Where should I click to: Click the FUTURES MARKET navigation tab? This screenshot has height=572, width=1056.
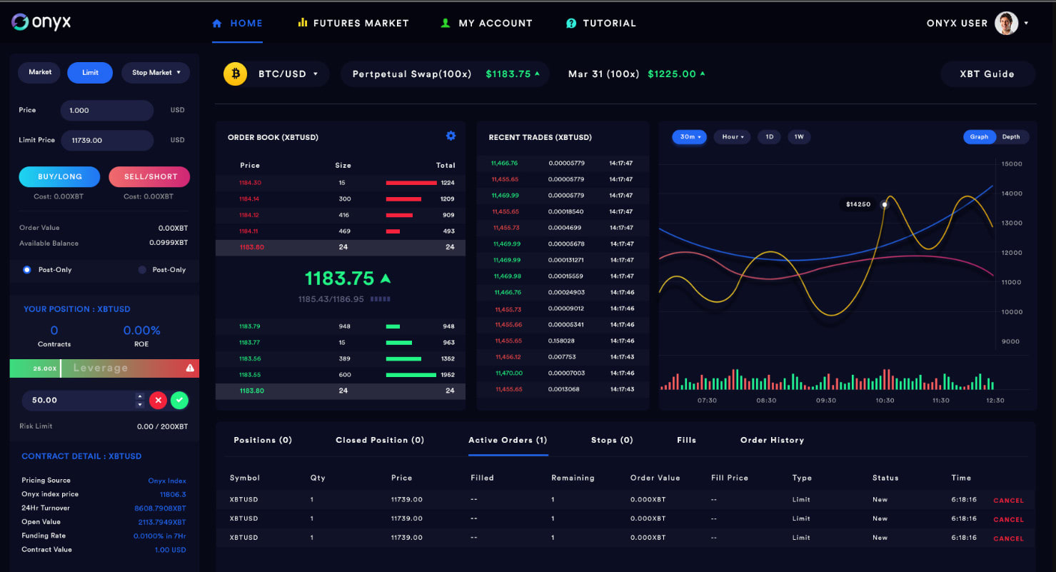[x=353, y=23]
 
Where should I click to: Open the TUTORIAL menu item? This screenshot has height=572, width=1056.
[x=600, y=23]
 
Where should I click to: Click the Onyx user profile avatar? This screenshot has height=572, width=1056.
[x=1006, y=23]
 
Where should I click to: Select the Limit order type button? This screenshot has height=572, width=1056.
[x=90, y=72]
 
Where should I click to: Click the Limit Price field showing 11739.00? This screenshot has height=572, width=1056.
[x=107, y=140]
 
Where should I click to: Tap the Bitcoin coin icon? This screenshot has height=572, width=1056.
[x=235, y=74]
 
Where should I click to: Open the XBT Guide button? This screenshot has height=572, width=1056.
[x=987, y=74]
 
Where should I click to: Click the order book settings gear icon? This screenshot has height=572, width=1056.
[x=451, y=136]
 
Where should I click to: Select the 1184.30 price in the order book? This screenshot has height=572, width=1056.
[x=250, y=183]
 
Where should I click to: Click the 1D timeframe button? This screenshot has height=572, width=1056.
[x=769, y=136]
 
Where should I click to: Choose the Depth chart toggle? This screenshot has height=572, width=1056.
[x=1011, y=136]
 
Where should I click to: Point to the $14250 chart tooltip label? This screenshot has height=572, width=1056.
[x=858, y=204]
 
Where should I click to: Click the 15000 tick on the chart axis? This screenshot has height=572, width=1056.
[x=1012, y=164]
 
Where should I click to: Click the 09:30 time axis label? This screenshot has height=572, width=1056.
[x=825, y=401]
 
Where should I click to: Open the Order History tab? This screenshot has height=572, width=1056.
[x=772, y=440]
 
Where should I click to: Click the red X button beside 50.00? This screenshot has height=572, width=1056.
[x=158, y=401]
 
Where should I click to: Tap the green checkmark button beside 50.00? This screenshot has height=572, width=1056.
[x=180, y=401]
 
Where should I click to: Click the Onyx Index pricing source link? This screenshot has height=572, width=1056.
[x=166, y=481]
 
